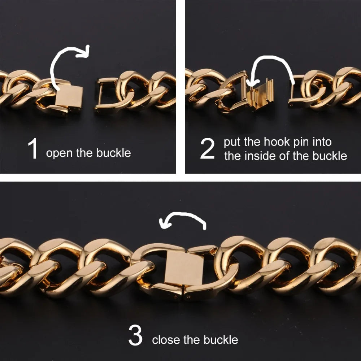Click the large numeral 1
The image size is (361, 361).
click(x=33, y=148)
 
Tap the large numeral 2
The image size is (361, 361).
click(x=207, y=149)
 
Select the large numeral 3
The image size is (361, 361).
click(x=135, y=335)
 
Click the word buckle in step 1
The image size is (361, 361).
click(x=113, y=153)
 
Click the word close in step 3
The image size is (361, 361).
click(x=166, y=340)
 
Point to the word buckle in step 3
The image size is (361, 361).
click(x=221, y=340)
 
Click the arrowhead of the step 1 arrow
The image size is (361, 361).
click(x=84, y=52)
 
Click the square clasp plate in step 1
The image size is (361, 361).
click(x=69, y=97)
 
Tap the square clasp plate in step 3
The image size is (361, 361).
click(x=184, y=268)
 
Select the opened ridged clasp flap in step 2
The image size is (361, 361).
click(x=261, y=94)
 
